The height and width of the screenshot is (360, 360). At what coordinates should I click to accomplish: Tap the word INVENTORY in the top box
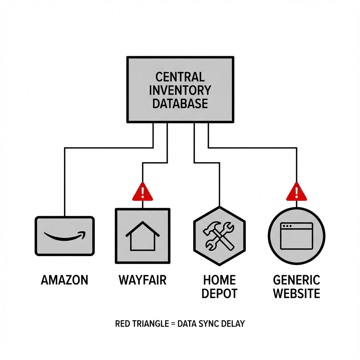tap(180, 90)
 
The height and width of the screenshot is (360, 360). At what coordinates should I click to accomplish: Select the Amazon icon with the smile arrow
tap(65, 236)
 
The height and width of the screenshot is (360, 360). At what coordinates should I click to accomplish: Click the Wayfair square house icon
tap(142, 236)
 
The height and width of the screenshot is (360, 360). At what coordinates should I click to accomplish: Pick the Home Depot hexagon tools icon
tap(219, 236)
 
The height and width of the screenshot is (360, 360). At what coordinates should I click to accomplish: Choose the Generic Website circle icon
tap(296, 236)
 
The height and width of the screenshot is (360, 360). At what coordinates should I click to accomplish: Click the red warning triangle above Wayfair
tap(142, 192)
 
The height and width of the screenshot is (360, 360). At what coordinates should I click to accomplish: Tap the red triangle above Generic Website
tap(296, 192)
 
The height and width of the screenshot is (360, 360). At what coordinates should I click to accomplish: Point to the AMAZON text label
tap(65, 280)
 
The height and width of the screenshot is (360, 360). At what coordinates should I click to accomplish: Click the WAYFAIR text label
tap(142, 280)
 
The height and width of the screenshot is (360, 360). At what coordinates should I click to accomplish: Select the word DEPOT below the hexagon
tap(219, 293)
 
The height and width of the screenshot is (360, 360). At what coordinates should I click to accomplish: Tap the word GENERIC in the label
tap(296, 280)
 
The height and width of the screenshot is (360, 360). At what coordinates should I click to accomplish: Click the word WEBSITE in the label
tap(296, 293)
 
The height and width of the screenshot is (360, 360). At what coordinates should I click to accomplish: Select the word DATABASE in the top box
tap(180, 103)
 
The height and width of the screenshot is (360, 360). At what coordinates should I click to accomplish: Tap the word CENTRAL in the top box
tap(180, 77)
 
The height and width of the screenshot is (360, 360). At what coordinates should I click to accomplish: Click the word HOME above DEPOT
tap(219, 280)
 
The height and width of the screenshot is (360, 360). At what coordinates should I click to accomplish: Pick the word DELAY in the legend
tap(232, 323)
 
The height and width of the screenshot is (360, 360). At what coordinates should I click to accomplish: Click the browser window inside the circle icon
tap(296, 236)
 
